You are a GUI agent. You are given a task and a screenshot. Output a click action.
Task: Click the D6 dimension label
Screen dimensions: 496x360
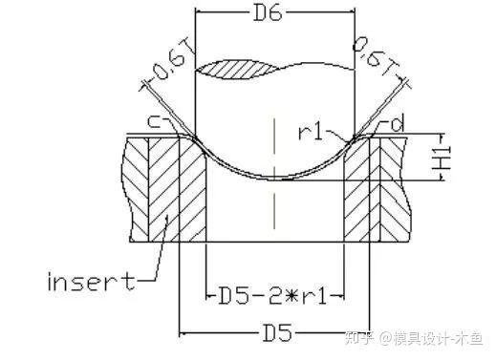pos(268,14)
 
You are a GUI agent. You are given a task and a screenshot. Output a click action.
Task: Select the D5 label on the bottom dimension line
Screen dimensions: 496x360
pos(277,332)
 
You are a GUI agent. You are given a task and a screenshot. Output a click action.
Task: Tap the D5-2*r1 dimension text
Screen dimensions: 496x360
pos(272,296)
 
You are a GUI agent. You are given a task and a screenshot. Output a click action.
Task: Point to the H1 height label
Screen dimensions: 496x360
pos(442,158)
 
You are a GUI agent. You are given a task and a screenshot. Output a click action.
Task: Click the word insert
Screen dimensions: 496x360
pos(91,282)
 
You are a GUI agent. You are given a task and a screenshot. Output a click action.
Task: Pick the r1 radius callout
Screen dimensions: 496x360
pos(311,133)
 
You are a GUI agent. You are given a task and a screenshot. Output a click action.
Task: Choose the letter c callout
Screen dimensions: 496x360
pos(155,122)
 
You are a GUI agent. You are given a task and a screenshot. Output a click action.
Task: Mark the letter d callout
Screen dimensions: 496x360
pos(397,123)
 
